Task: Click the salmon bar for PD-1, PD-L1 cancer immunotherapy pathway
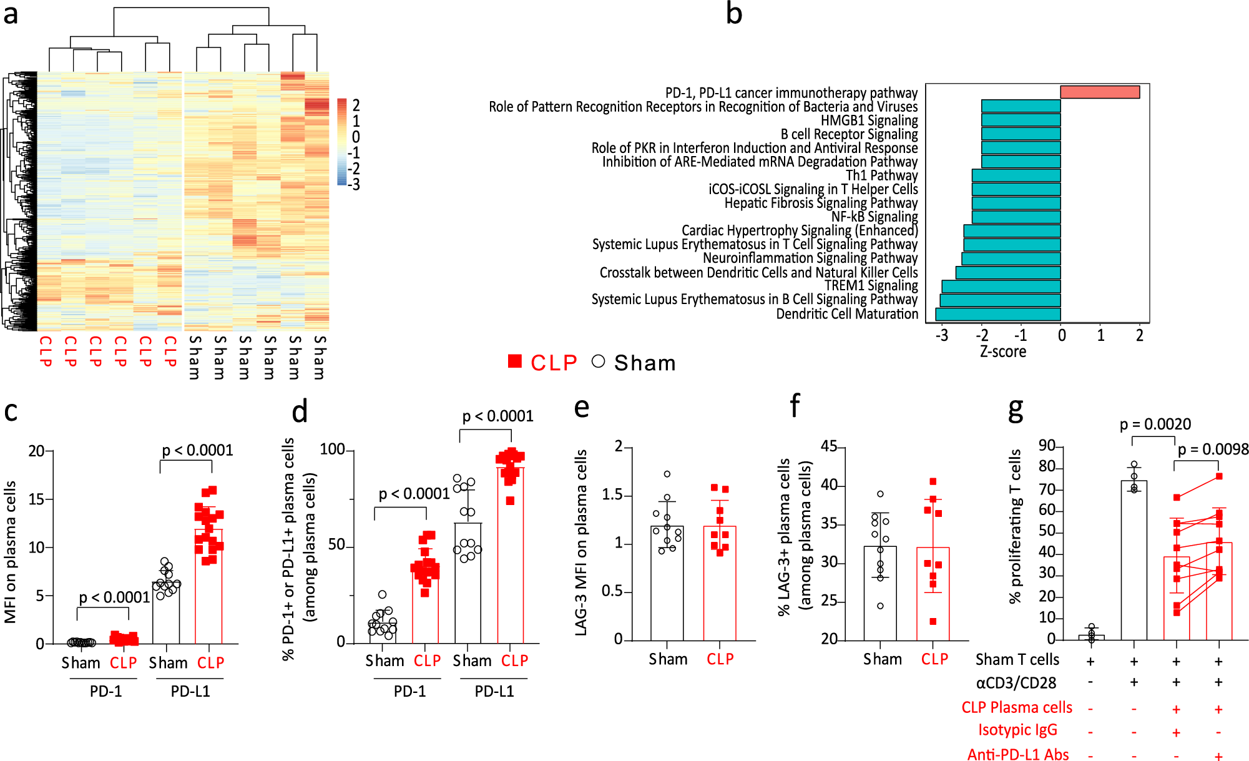coord(1100,92)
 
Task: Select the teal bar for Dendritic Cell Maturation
coord(997,314)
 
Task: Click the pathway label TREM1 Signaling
coord(871,286)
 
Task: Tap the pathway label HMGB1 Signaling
coord(869,120)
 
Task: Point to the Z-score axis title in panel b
coord(1002,351)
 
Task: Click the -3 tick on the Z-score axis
coord(942,336)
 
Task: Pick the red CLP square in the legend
coord(515,361)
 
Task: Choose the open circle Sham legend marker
coord(598,361)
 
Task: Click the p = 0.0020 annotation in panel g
coord(1155,425)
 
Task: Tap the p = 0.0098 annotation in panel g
coord(1213,449)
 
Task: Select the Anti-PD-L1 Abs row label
coord(1018,755)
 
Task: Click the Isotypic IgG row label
coord(1017,730)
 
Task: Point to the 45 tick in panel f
coord(829,446)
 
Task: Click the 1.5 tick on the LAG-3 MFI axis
coord(613,495)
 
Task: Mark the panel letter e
coord(581,407)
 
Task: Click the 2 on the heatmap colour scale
coord(356,105)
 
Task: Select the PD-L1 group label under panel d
coord(494,691)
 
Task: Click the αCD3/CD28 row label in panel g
coord(1016,683)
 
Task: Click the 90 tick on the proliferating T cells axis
coord(1047,446)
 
